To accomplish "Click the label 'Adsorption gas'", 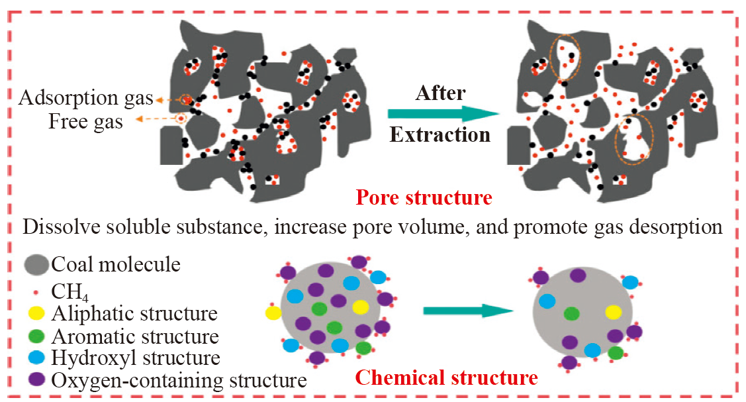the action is pyautogui.click(x=86, y=98).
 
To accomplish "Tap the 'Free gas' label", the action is pyautogui.click(x=85, y=121).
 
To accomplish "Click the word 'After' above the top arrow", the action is pyautogui.click(x=440, y=93).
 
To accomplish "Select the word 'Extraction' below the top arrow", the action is pyautogui.click(x=440, y=134).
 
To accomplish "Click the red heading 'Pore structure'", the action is pyautogui.click(x=424, y=197).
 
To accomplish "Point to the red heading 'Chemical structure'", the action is pyautogui.click(x=446, y=377).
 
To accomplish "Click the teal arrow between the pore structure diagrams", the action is pyautogui.click(x=443, y=114).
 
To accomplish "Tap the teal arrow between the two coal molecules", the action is pyautogui.click(x=468, y=311).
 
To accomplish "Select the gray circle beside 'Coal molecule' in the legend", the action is pyautogui.click(x=36, y=264).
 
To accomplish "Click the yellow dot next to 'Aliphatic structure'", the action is pyautogui.click(x=36, y=313).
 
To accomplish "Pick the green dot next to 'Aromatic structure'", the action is pyautogui.click(x=36, y=336).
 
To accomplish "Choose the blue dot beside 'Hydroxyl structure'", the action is pyautogui.click(x=36, y=357).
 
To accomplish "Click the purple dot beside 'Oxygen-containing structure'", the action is pyautogui.click(x=36, y=379).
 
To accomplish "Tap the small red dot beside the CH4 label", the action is pyautogui.click(x=36, y=292).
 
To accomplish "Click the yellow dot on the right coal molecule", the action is pyautogui.click(x=614, y=313).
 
